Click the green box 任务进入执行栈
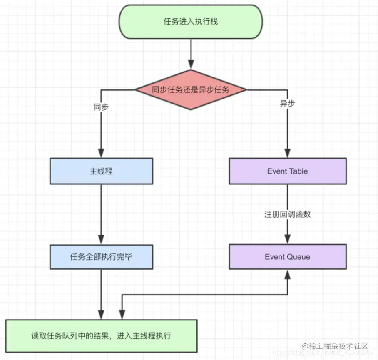(191, 21)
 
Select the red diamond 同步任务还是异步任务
(191, 89)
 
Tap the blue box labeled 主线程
(101, 171)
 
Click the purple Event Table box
(287, 171)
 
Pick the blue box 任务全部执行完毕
(101, 257)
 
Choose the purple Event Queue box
(287, 257)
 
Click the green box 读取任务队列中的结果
(101, 336)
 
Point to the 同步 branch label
(101, 107)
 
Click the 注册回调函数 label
(287, 214)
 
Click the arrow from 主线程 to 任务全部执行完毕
(101, 212)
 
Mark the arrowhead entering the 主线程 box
(101, 153)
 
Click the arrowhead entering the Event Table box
(287, 153)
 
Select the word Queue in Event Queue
(298, 257)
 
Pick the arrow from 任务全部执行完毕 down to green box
(101, 293)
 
